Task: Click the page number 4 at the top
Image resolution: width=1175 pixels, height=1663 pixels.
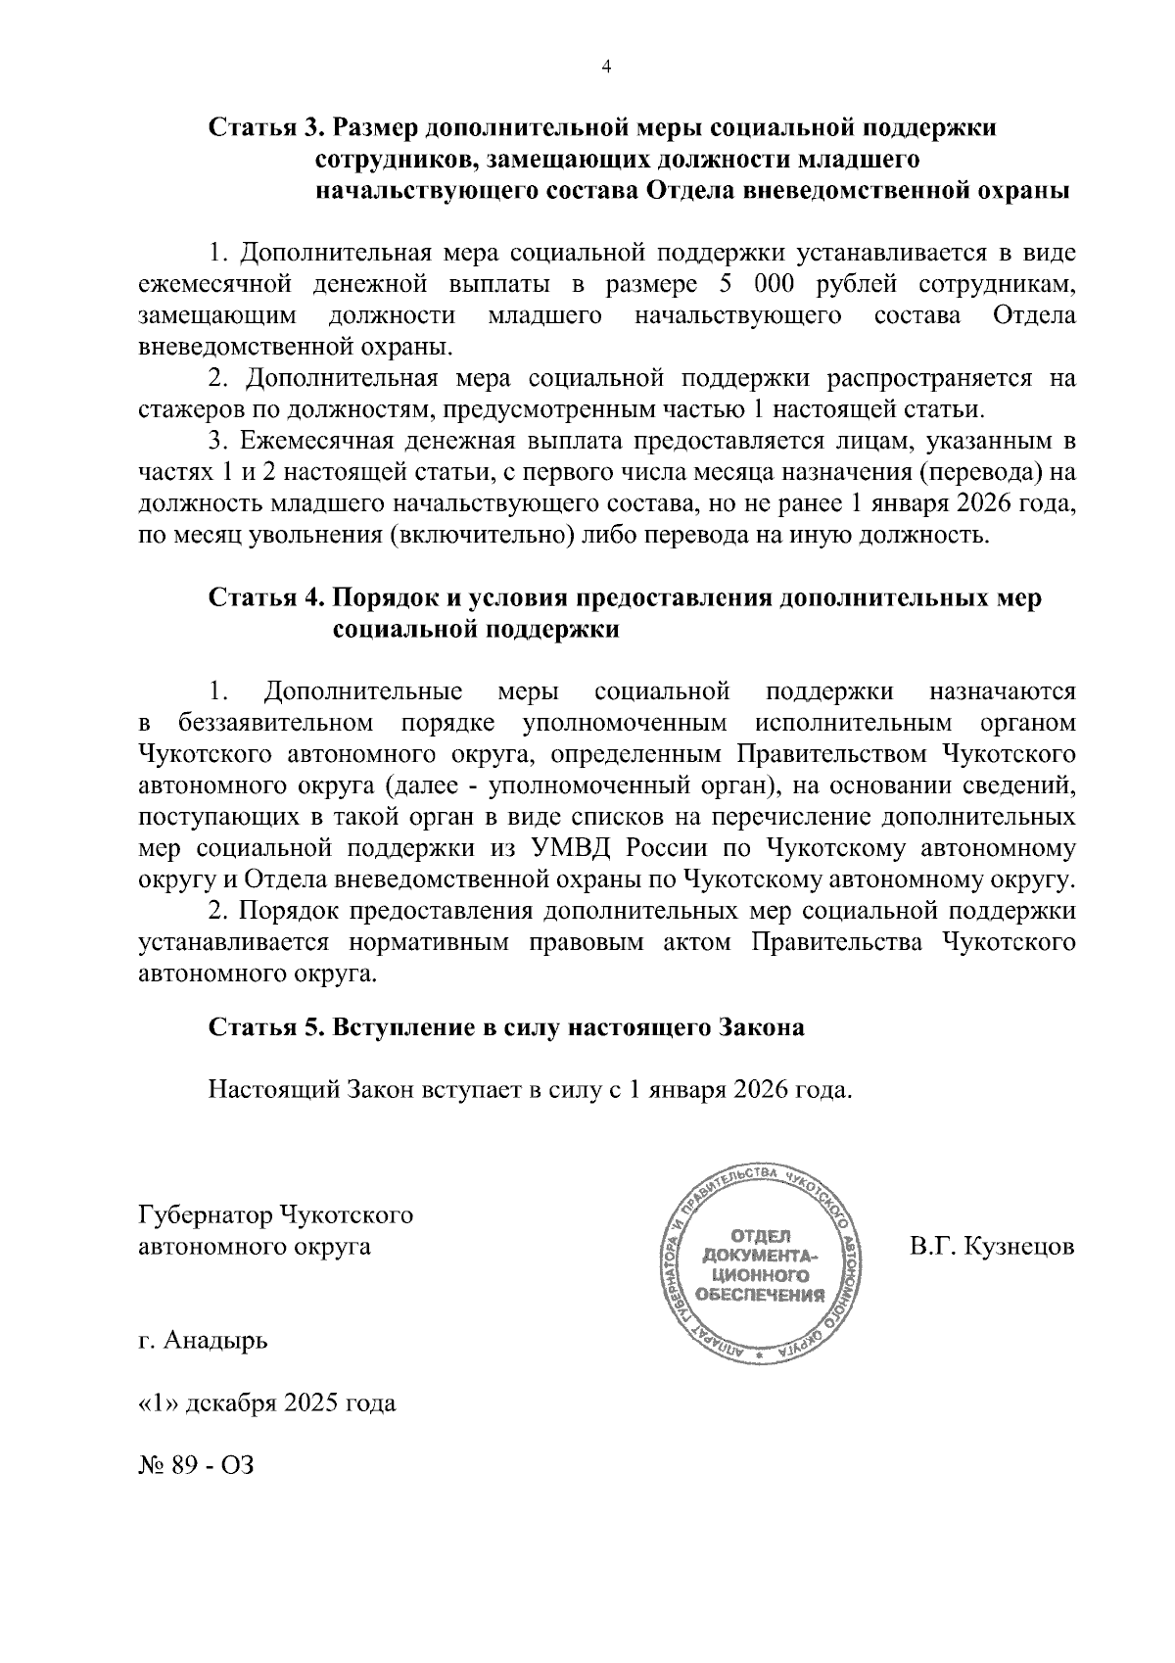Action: pyautogui.click(x=605, y=67)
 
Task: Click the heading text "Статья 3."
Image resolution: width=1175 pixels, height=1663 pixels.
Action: pyautogui.click(x=265, y=128)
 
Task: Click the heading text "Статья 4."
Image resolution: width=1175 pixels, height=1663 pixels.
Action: pyautogui.click(x=265, y=598)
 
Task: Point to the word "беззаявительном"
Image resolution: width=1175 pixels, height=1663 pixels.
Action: pyautogui.click(x=276, y=724)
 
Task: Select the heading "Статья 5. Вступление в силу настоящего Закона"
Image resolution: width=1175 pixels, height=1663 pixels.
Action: pyautogui.click(x=506, y=1027)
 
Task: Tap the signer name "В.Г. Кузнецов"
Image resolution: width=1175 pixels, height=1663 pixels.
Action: pyautogui.click(x=991, y=1247)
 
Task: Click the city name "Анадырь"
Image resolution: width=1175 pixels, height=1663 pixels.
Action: pyautogui.click(x=215, y=1340)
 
